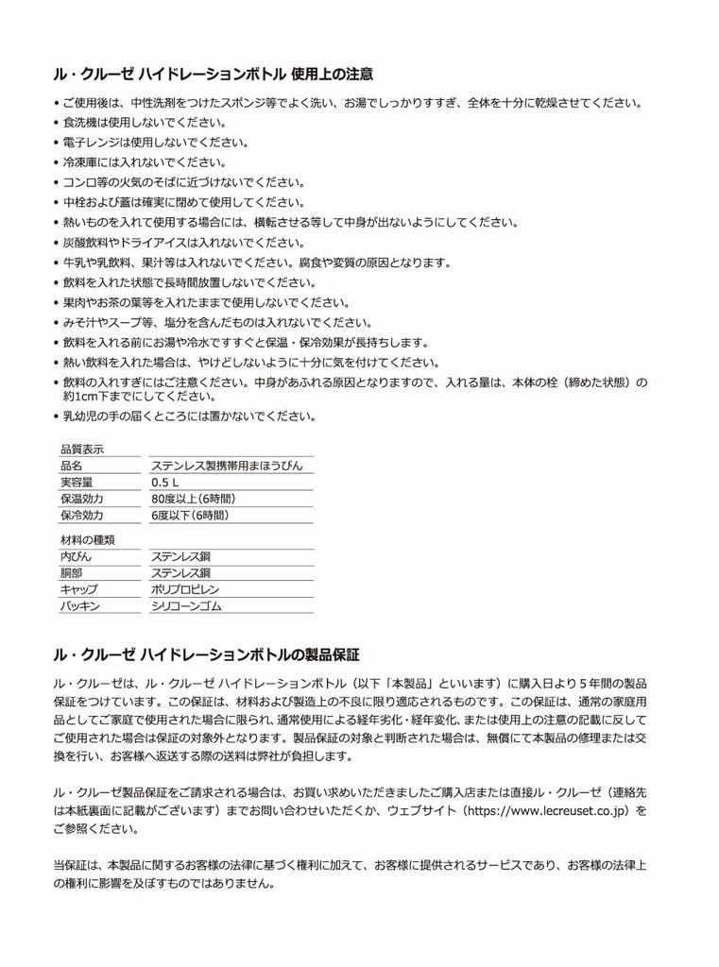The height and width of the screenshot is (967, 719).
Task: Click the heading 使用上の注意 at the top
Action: point(212,74)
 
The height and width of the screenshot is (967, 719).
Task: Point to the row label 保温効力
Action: point(82,499)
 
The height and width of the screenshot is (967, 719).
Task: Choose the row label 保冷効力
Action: point(82,516)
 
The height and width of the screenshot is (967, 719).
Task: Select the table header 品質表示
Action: point(82,449)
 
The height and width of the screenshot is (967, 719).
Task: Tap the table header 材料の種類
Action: point(88,539)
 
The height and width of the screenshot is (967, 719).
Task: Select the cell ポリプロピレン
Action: point(185,589)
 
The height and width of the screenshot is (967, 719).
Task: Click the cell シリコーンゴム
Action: point(185,606)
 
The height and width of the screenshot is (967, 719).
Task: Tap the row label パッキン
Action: point(79,606)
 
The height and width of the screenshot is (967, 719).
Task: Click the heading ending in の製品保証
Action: point(212,653)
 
